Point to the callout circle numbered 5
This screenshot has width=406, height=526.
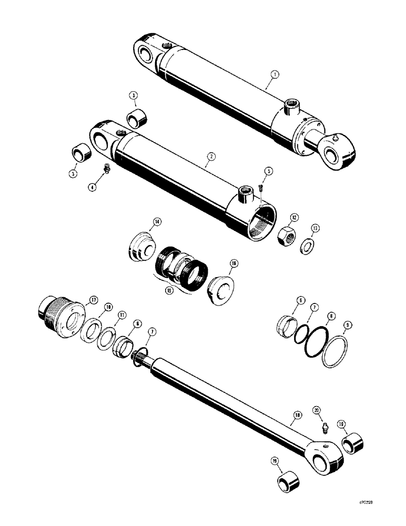(268, 171)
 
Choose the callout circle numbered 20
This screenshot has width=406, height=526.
(317, 409)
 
